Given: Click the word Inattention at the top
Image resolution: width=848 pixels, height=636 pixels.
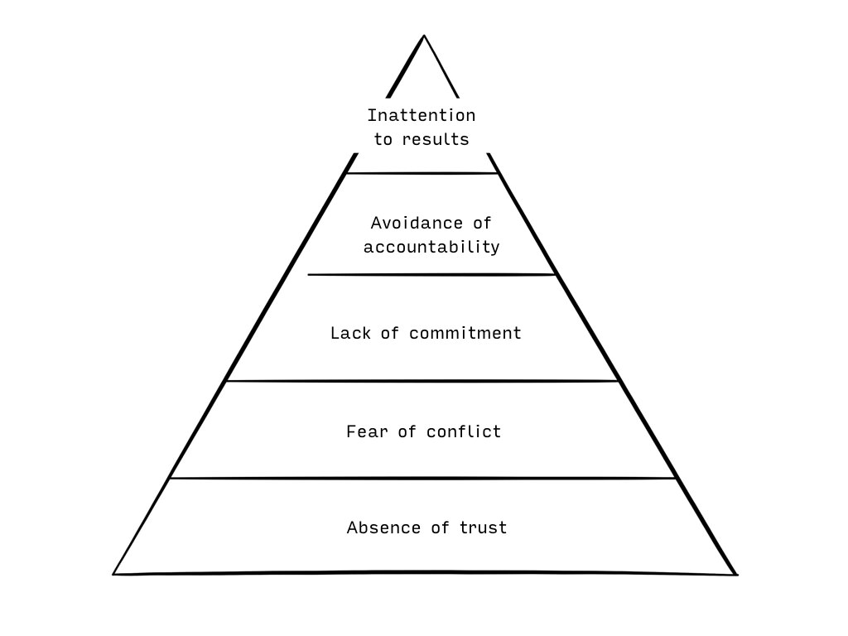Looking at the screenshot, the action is (x=422, y=115).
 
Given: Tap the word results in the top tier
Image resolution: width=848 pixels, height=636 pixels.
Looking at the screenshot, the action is (x=436, y=139).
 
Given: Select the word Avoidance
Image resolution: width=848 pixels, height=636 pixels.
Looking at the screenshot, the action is (x=417, y=223).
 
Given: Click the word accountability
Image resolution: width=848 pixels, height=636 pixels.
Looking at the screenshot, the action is (x=431, y=247).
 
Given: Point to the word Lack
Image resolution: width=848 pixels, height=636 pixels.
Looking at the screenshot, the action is (x=350, y=333).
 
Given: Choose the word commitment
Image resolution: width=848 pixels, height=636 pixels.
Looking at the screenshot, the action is (x=465, y=333).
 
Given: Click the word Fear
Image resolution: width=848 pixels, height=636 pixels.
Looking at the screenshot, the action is (x=367, y=431).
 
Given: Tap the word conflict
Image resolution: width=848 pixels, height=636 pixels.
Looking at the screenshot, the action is (x=464, y=431).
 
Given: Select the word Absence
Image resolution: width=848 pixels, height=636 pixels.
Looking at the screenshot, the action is (x=383, y=528).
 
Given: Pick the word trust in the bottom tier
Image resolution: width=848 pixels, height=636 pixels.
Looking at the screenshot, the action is (x=483, y=528).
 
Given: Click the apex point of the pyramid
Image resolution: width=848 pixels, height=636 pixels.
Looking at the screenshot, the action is (x=424, y=35).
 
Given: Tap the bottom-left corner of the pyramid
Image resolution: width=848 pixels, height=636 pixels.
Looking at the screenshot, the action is (x=113, y=575).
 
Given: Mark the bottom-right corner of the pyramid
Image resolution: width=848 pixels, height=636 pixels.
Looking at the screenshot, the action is (x=737, y=575).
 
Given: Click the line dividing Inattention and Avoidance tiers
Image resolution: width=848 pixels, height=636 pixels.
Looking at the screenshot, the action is (x=422, y=174).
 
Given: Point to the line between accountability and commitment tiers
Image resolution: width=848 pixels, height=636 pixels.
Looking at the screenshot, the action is (x=432, y=275).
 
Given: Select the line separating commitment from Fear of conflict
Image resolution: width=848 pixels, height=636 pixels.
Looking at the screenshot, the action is (x=422, y=381).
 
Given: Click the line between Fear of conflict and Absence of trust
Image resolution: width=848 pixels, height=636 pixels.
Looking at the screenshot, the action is (x=423, y=478).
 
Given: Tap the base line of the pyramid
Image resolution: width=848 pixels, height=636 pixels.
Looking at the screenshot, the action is (x=425, y=574).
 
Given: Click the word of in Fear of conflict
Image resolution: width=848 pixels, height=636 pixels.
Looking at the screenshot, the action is (x=407, y=431).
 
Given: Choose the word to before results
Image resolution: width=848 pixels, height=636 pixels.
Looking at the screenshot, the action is (x=383, y=139).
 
